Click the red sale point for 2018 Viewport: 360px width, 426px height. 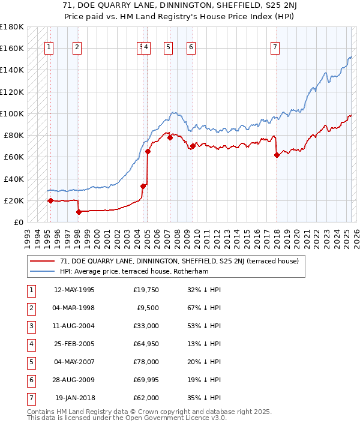tap(277, 155)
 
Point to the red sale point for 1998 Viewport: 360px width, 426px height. tap(79, 212)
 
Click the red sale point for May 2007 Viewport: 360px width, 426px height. tap(170, 137)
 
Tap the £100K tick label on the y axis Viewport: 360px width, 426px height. tap(12, 113)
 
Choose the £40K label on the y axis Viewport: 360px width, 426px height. tap(14, 179)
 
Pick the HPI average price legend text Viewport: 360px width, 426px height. tap(142, 271)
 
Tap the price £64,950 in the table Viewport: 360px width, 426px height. tap(146, 344)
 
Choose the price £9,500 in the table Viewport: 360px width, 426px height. tap(148, 308)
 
